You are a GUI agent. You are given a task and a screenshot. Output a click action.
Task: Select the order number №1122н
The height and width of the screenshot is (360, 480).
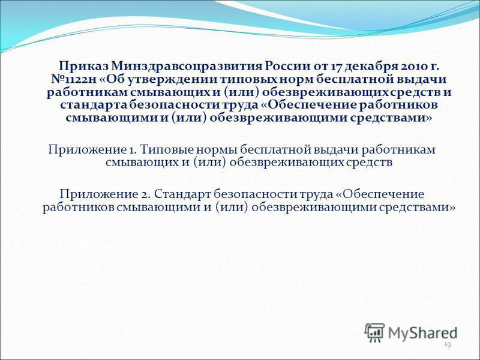pos(73,80)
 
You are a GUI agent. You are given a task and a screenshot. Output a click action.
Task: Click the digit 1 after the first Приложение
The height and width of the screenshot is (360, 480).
pos(130,150)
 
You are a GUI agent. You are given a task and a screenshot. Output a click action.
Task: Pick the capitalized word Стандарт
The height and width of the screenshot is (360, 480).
pos(182,194)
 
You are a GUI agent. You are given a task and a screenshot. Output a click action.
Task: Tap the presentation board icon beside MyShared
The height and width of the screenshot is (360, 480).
pos(374,332)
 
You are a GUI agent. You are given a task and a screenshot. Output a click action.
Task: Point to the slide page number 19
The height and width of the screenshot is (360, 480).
pos(448,346)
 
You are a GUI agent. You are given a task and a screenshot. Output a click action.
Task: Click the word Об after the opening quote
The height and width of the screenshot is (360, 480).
pos(117,80)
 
